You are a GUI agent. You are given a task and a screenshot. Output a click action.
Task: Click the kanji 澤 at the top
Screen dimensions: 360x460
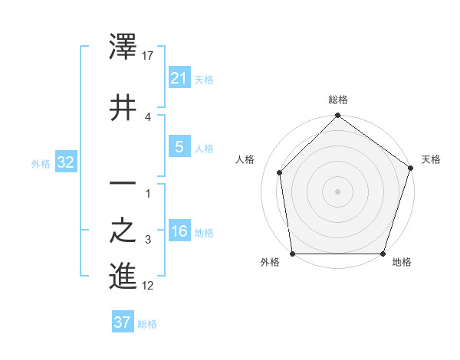[x=123, y=47]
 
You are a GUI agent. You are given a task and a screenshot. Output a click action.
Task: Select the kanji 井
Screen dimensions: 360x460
[x=123, y=108]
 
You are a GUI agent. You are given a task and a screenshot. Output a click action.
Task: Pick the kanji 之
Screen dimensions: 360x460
[x=123, y=231]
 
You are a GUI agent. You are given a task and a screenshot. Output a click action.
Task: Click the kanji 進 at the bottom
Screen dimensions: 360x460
[x=123, y=277]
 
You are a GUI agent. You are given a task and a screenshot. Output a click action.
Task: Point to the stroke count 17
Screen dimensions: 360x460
[x=149, y=56]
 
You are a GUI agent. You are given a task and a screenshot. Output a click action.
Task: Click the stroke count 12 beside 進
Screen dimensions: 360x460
[x=149, y=286]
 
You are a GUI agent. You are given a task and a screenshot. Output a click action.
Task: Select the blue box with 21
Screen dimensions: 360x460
[x=179, y=77]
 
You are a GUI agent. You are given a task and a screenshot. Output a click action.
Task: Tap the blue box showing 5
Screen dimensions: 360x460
[x=179, y=147]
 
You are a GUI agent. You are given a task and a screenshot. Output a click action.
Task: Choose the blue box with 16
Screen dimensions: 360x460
[x=179, y=231]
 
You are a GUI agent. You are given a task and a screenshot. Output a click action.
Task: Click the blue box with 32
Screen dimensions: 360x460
[x=66, y=162]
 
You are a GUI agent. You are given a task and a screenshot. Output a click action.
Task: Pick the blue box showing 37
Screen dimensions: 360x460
[x=123, y=322]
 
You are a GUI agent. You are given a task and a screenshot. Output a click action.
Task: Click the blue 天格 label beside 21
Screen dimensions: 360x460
[x=204, y=79]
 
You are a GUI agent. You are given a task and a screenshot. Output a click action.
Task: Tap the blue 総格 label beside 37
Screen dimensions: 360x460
[x=147, y=324]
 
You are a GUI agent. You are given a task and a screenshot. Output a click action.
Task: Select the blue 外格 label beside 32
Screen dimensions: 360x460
[x=41, y=163]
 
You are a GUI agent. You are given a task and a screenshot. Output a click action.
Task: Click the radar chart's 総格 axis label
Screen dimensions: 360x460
[x=338, y=100]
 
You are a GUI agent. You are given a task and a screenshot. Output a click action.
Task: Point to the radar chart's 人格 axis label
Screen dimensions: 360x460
[x=245, y=159]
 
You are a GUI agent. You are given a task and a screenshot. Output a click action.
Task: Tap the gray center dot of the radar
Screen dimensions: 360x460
[x=338, y=191]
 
